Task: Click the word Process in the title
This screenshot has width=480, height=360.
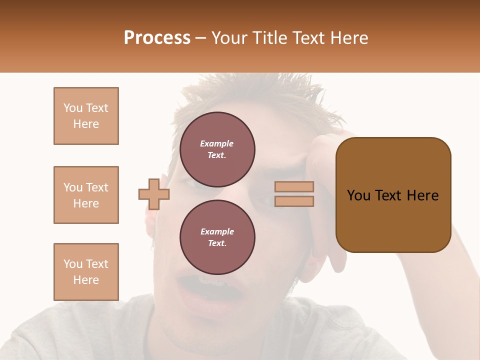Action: coord(157,38)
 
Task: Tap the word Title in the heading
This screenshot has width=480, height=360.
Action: coord(268,38)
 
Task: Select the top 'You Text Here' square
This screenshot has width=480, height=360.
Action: coord(86,116)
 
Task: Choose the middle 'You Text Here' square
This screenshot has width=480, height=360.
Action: coord(86,195)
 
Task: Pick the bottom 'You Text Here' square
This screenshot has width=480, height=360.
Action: coord(86,272)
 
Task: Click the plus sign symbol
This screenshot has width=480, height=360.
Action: coord(154,194)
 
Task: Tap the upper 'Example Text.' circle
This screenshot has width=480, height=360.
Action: coord(217,149)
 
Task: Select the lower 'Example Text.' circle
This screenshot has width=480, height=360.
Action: coord(217,237)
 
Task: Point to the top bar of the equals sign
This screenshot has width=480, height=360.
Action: coord(294,186)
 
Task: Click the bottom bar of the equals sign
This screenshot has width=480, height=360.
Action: coord(294,201)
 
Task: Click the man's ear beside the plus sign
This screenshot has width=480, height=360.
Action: coord(150,220)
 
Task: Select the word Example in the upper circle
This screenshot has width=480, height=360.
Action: coord(217,143)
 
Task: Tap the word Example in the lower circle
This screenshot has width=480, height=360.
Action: coord(217,231)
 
